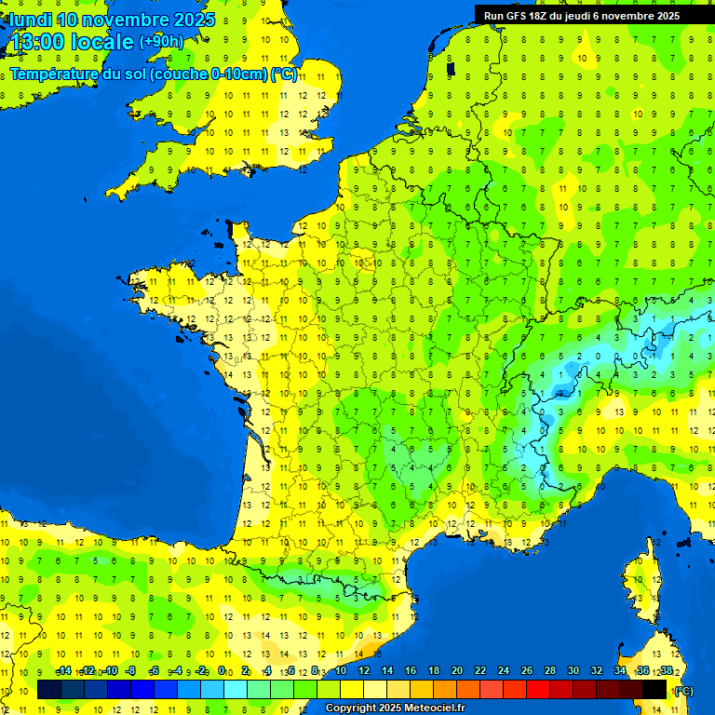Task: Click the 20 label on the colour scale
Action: click(x=456, y=670)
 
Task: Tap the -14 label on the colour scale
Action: click(x=64, y=670)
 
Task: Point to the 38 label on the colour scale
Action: click(x=667, y=670)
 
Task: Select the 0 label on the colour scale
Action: click(x=222, y=670)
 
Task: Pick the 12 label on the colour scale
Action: click(x=363, y=670)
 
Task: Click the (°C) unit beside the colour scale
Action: click(x=683, y=691)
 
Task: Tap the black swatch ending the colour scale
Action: click(x=654, y=690)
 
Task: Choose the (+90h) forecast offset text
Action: click(x=162, y=42)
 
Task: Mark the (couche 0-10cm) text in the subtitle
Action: click(x=209, y=74)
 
